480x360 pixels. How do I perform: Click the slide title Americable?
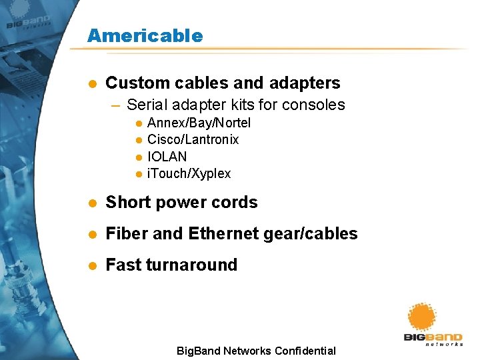(145, 35)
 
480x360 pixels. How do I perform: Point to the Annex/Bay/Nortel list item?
(199, 123)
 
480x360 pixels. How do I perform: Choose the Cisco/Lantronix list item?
(193, 139)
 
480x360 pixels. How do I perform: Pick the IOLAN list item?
(167, 157)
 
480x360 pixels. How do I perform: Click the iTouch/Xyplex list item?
(189, 174)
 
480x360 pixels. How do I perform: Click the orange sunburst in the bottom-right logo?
(421, 317)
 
